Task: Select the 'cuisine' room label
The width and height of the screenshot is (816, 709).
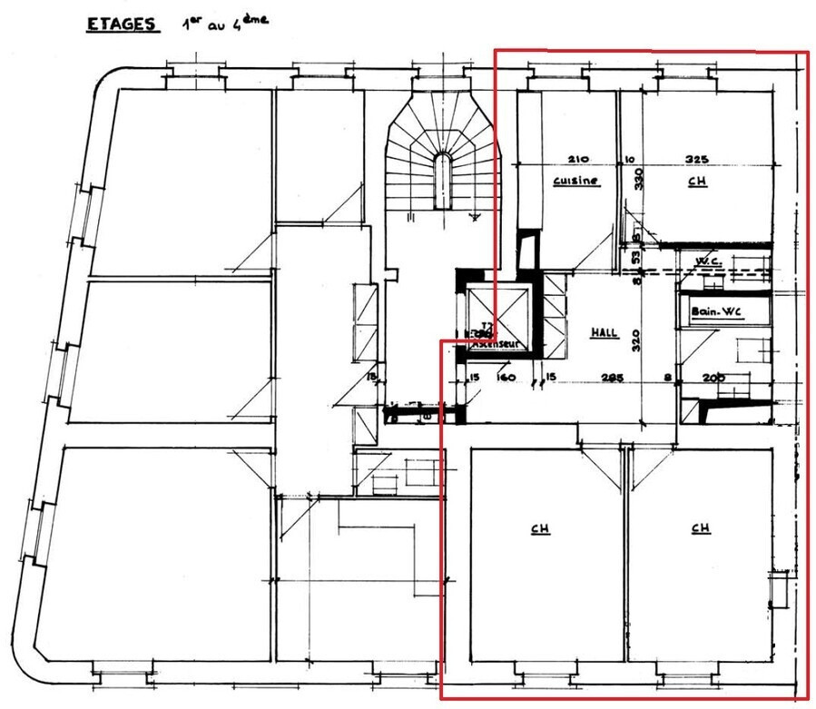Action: (576, 181)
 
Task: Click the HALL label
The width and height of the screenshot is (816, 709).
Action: (605, 333)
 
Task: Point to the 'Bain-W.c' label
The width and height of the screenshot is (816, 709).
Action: (716, 311)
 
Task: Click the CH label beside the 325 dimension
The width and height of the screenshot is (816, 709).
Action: (697, 181)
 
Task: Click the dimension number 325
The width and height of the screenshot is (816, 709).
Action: (698, 157)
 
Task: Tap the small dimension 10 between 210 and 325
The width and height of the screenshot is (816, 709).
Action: (629, 157)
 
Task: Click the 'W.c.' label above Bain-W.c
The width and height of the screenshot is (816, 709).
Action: (707, 261)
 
